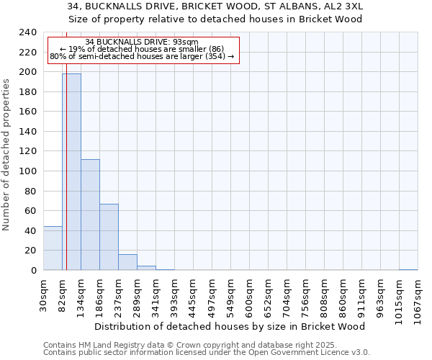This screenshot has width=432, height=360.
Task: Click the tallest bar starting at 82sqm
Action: (x=71, y=172)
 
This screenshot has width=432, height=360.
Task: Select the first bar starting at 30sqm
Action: (x=53, y=248)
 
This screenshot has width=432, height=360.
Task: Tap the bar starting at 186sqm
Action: (x=109, y=237)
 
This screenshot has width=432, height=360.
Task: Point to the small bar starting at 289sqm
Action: (x=146, y=268)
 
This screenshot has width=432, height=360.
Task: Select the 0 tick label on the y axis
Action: (x=33, y=271)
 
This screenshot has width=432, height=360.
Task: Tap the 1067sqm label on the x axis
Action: (x=418, y=297)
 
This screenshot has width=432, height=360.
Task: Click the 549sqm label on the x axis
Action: (x=231, y=295)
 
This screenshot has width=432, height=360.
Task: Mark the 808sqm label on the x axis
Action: (x=324, y=295)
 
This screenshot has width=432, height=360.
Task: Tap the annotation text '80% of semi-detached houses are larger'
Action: (x=142, y=56)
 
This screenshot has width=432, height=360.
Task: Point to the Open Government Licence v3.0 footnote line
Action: (x=207, y=353)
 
